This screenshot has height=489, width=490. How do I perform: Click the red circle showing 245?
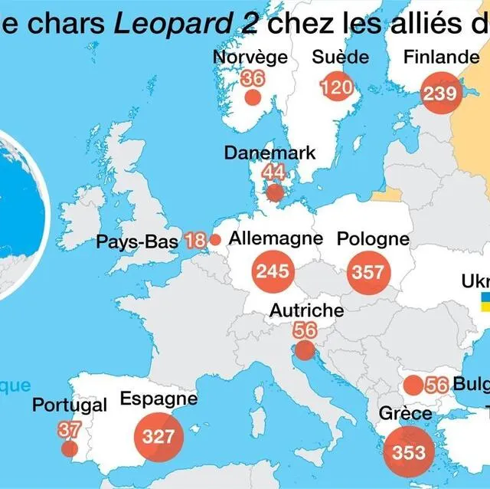pos(273,271)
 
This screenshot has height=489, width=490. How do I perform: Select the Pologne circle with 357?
pos(368,272)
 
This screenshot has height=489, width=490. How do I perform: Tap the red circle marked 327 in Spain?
pos(158,437)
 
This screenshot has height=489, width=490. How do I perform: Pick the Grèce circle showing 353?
pos(408,451)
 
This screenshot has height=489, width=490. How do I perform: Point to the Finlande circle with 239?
pos(440,94)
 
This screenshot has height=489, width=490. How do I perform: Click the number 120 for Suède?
pos(336,87)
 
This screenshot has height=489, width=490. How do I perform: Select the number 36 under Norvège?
pos(252,78)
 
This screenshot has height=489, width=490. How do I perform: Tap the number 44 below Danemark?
pos(273,172)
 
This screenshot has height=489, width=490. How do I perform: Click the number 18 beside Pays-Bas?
pos(195,241)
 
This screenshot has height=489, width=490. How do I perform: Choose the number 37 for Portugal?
pos(69,430)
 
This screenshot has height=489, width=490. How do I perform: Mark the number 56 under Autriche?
pos(305,330)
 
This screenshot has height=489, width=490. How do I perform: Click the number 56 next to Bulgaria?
pos(436,385)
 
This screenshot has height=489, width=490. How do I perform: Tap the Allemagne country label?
pos(276,238)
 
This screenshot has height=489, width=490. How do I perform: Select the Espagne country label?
pos(158,399)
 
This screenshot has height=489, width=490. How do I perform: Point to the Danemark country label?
pos(269,153)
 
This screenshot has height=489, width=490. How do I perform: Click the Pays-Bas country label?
pos(137,242)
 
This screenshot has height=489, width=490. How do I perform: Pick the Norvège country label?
pos(250,57)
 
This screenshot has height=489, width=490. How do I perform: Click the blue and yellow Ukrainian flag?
pos(485,300)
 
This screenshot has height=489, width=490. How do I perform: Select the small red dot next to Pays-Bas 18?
pos(215,240)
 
